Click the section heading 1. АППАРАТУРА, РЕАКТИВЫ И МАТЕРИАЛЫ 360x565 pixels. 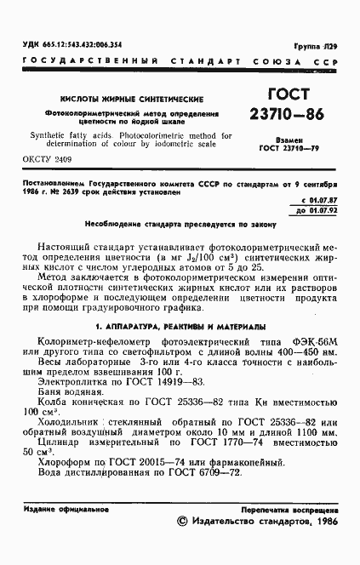(x=180, y=327)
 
